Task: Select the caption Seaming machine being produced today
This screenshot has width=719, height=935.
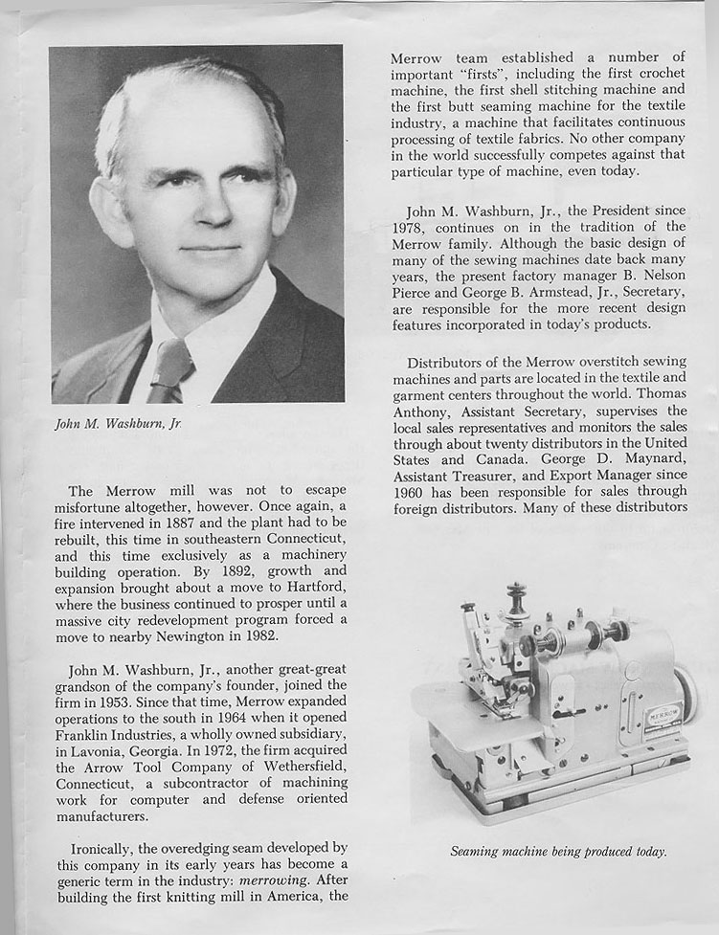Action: (558, 851)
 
